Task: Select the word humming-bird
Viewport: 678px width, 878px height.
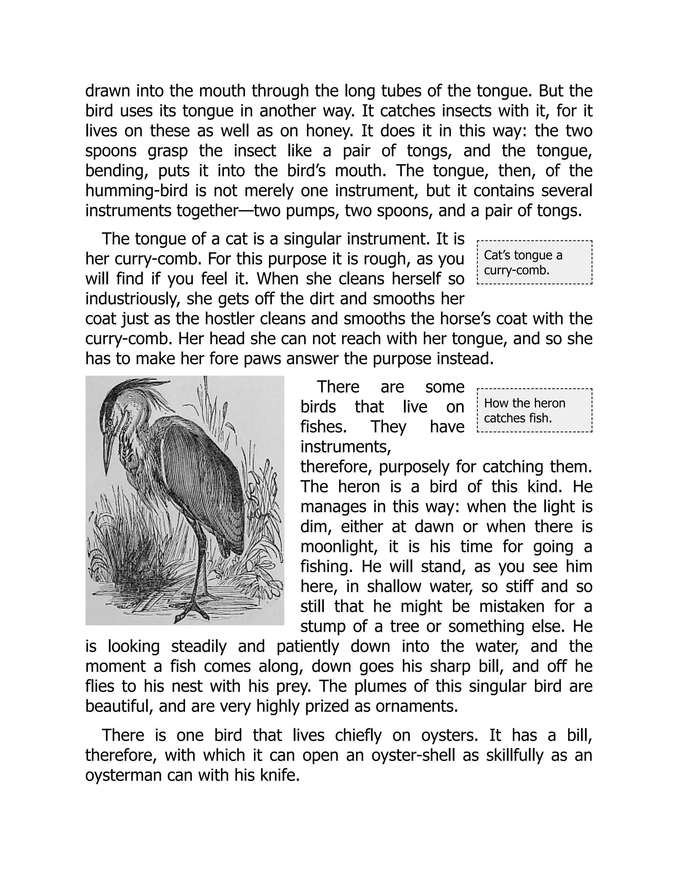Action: (x=137, y=191)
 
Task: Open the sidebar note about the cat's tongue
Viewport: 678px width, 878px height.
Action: (x=534, y=262)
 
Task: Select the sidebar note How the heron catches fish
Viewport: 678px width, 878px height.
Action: (x=534, y=411)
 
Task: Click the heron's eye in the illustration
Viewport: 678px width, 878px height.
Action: (x=109, y=423)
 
